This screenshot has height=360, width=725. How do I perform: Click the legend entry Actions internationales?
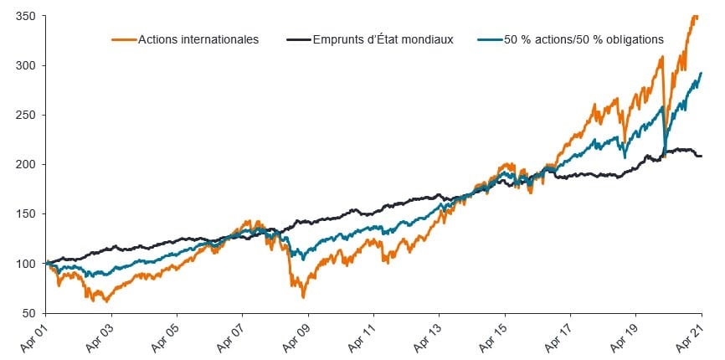198,39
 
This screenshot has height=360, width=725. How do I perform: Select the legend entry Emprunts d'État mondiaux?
381,39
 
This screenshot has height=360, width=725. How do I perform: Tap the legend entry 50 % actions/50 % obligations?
584,39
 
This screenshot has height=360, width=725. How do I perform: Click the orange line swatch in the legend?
122,39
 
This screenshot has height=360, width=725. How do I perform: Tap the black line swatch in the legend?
297,39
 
